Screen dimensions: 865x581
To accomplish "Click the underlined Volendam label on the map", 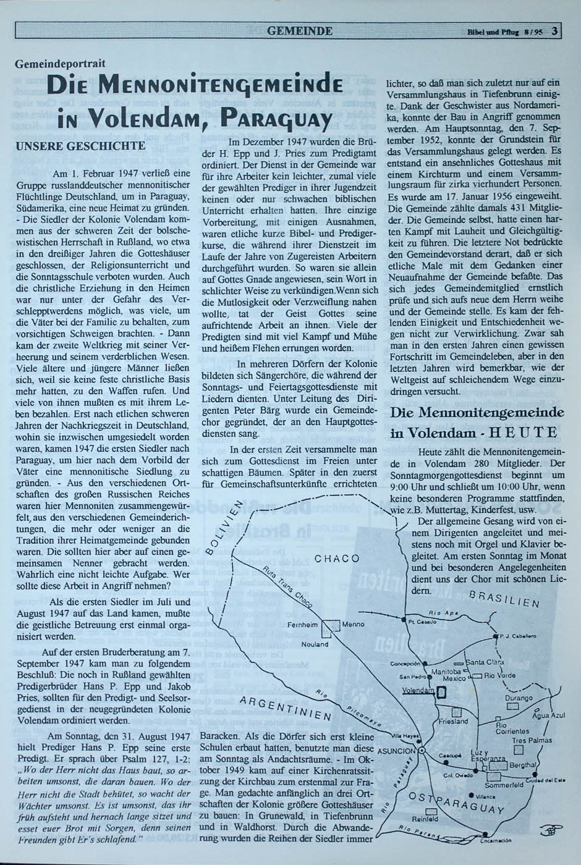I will coord(417,690).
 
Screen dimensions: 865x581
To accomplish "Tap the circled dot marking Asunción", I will coord(422,749).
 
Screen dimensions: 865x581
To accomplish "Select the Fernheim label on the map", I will coord(303,625).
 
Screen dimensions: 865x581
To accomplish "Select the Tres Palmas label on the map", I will coord(532,740).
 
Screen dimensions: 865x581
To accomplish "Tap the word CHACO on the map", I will coord(337,559).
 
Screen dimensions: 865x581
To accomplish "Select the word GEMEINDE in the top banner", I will coord(301,31).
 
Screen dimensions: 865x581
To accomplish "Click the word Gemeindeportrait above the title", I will coord(61,63).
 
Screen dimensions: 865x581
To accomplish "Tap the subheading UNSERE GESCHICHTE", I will coord(80,146).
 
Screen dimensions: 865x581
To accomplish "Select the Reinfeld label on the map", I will coord(426,819).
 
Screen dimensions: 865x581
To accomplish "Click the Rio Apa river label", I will coord(446,613).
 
